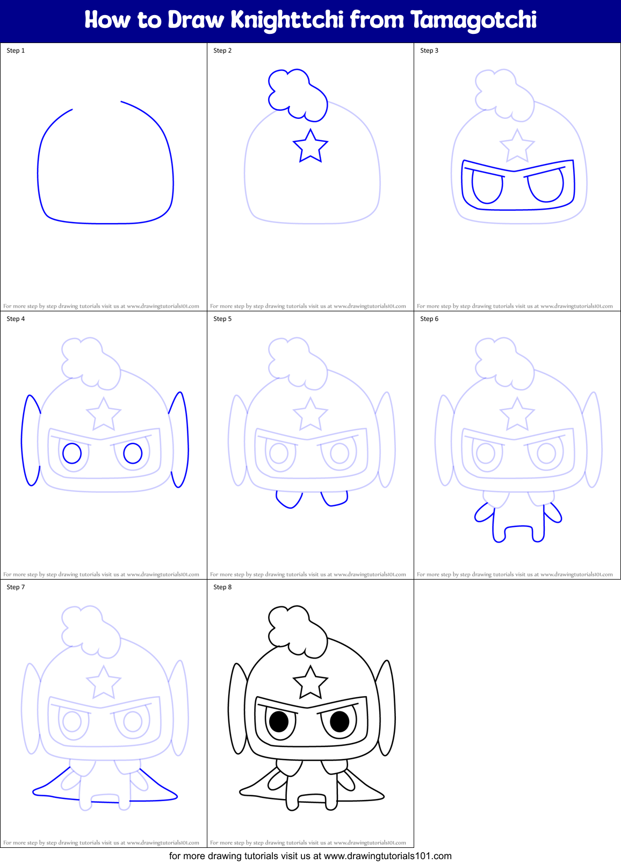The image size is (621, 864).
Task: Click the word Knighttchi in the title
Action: pos(287,20)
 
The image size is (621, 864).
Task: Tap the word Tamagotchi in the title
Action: pos(473,20)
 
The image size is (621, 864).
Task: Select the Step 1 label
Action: pos(16,51)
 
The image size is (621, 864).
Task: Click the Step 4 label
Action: pos(16,319)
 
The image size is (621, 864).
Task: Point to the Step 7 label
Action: pos(16,587)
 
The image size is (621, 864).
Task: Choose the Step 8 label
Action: pos(222,587)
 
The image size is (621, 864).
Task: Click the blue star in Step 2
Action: pos(310,147)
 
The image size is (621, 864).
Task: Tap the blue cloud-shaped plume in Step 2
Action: pos(297,94)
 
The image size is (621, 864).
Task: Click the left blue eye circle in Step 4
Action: pos(72,453)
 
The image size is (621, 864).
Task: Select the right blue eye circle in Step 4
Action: pos(133,453)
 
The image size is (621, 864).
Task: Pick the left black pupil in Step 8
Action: pos(279,722)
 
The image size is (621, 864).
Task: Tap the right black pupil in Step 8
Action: pos(340,722)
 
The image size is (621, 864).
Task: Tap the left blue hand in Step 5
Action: pos(289,499)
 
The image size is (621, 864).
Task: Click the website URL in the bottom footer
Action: pos(387,856)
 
